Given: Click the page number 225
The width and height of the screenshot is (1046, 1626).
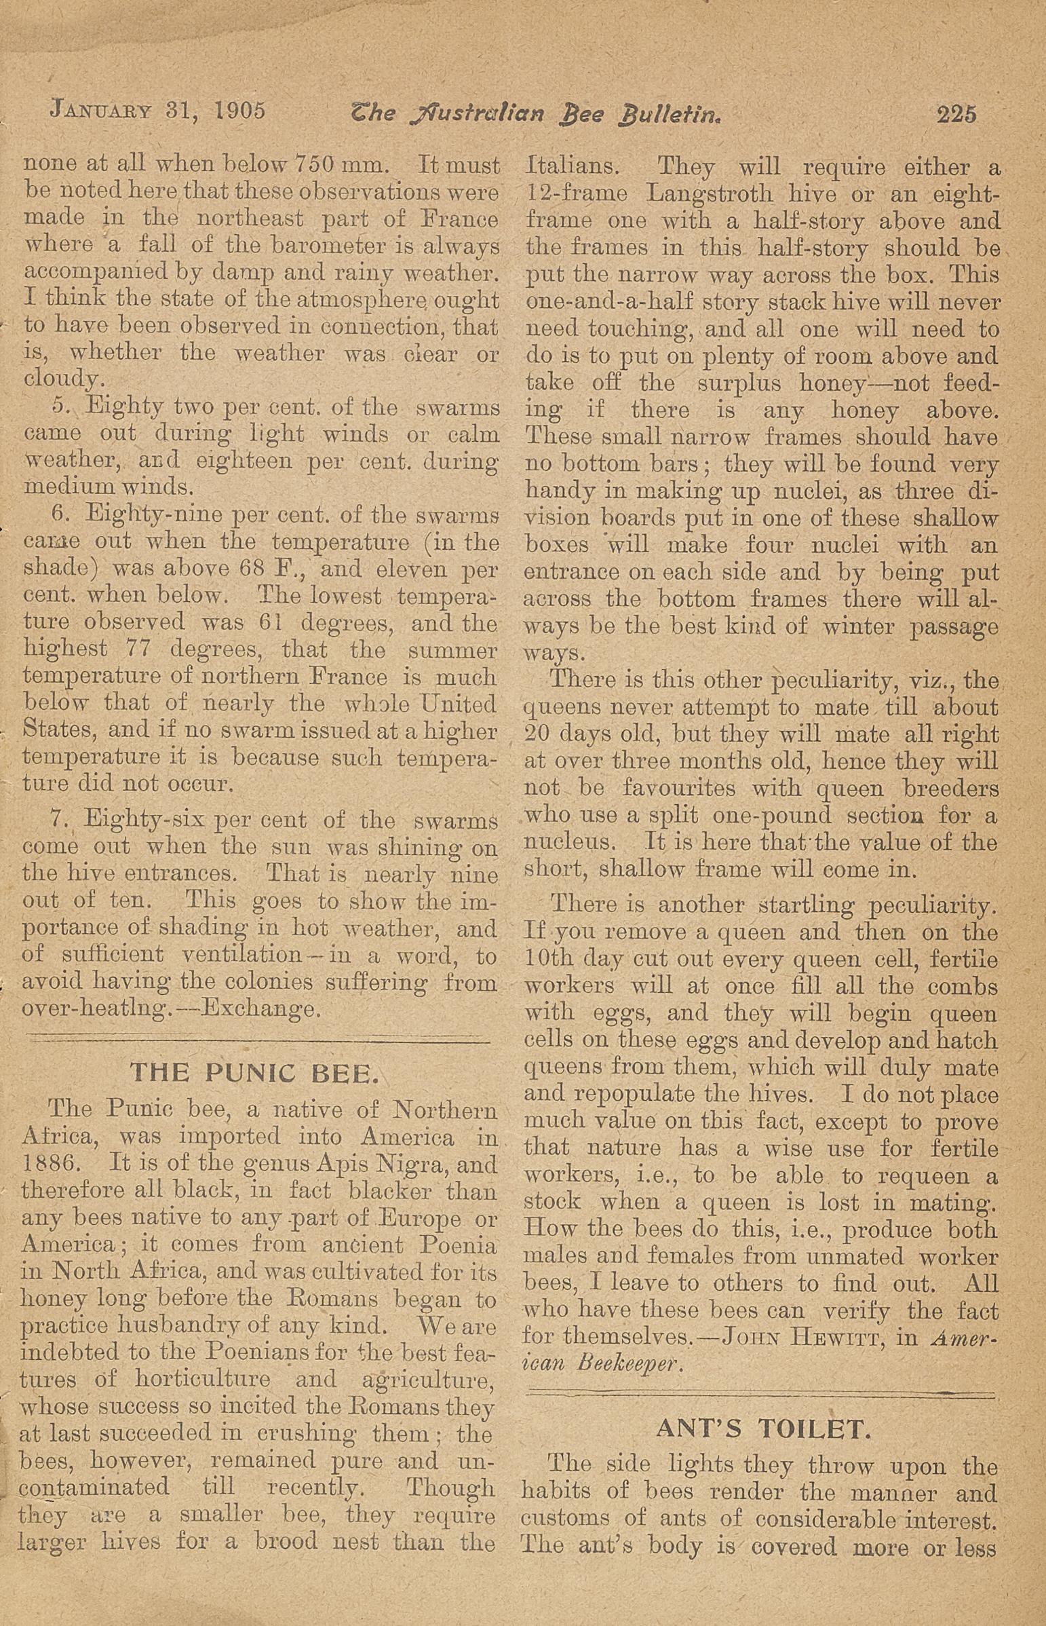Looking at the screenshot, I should [x=956, y=113].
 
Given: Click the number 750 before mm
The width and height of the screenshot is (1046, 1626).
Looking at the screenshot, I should [x=316, y=165].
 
